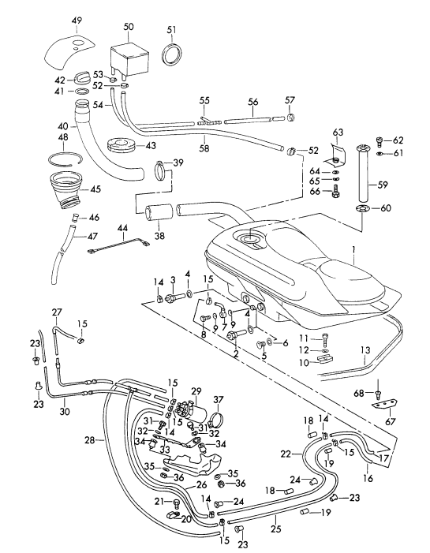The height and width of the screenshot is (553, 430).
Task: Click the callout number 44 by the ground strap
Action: coord(122,227)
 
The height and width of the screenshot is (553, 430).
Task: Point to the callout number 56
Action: coord(253,102)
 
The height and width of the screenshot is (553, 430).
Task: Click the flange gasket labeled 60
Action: coord(361,209)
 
